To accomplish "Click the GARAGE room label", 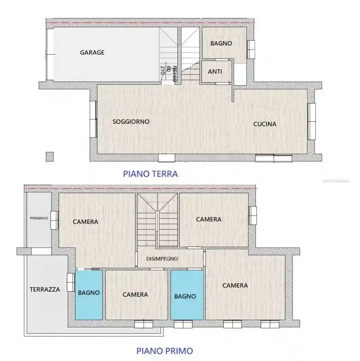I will pyautogui.click(x=92, y=53).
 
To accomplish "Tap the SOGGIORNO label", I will pyautogui.click(x=131, y=122).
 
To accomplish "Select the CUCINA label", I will pyautogui.click(x=265, y=124).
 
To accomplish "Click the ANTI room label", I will pyautogui.click(x=215, y=72).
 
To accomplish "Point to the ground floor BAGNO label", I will pyautogui.click(x=221, y=44).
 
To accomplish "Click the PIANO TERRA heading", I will pyautogui.click(x=150, y=174).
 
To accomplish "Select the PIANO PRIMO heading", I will pyautogui.click(x=165, y=351).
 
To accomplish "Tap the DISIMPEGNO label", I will pyautogui.click(x=162, y=259).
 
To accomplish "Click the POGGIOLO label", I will pyautogui.click(x=39, y=218).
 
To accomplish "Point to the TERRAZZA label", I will pyautogui.click(x=45, y=289).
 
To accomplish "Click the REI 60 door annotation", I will pyautogui.click(x=174, y=74).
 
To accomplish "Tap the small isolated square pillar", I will pyautogui.click(x=50, y=157).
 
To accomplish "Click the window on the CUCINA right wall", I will pyautogui.click(x=311, y=121).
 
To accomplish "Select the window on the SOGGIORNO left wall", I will pyautogui.click(x=93, y=119).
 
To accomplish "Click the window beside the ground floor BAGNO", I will pyautogui.click(x=251, y=50).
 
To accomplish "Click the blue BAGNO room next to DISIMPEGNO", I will pyautogui.click(x=187, y=295).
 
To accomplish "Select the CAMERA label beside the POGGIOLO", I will pyautogui.click(x=85, y=222).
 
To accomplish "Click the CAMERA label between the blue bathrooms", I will pyautogui.click(x=135, y=295).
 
